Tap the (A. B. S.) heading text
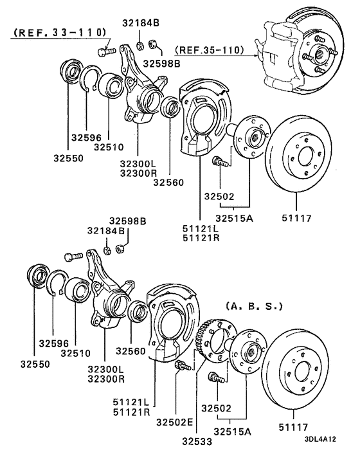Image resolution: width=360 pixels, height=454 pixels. coord(254,307)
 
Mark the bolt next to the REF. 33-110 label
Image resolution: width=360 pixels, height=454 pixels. coord(105,49)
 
